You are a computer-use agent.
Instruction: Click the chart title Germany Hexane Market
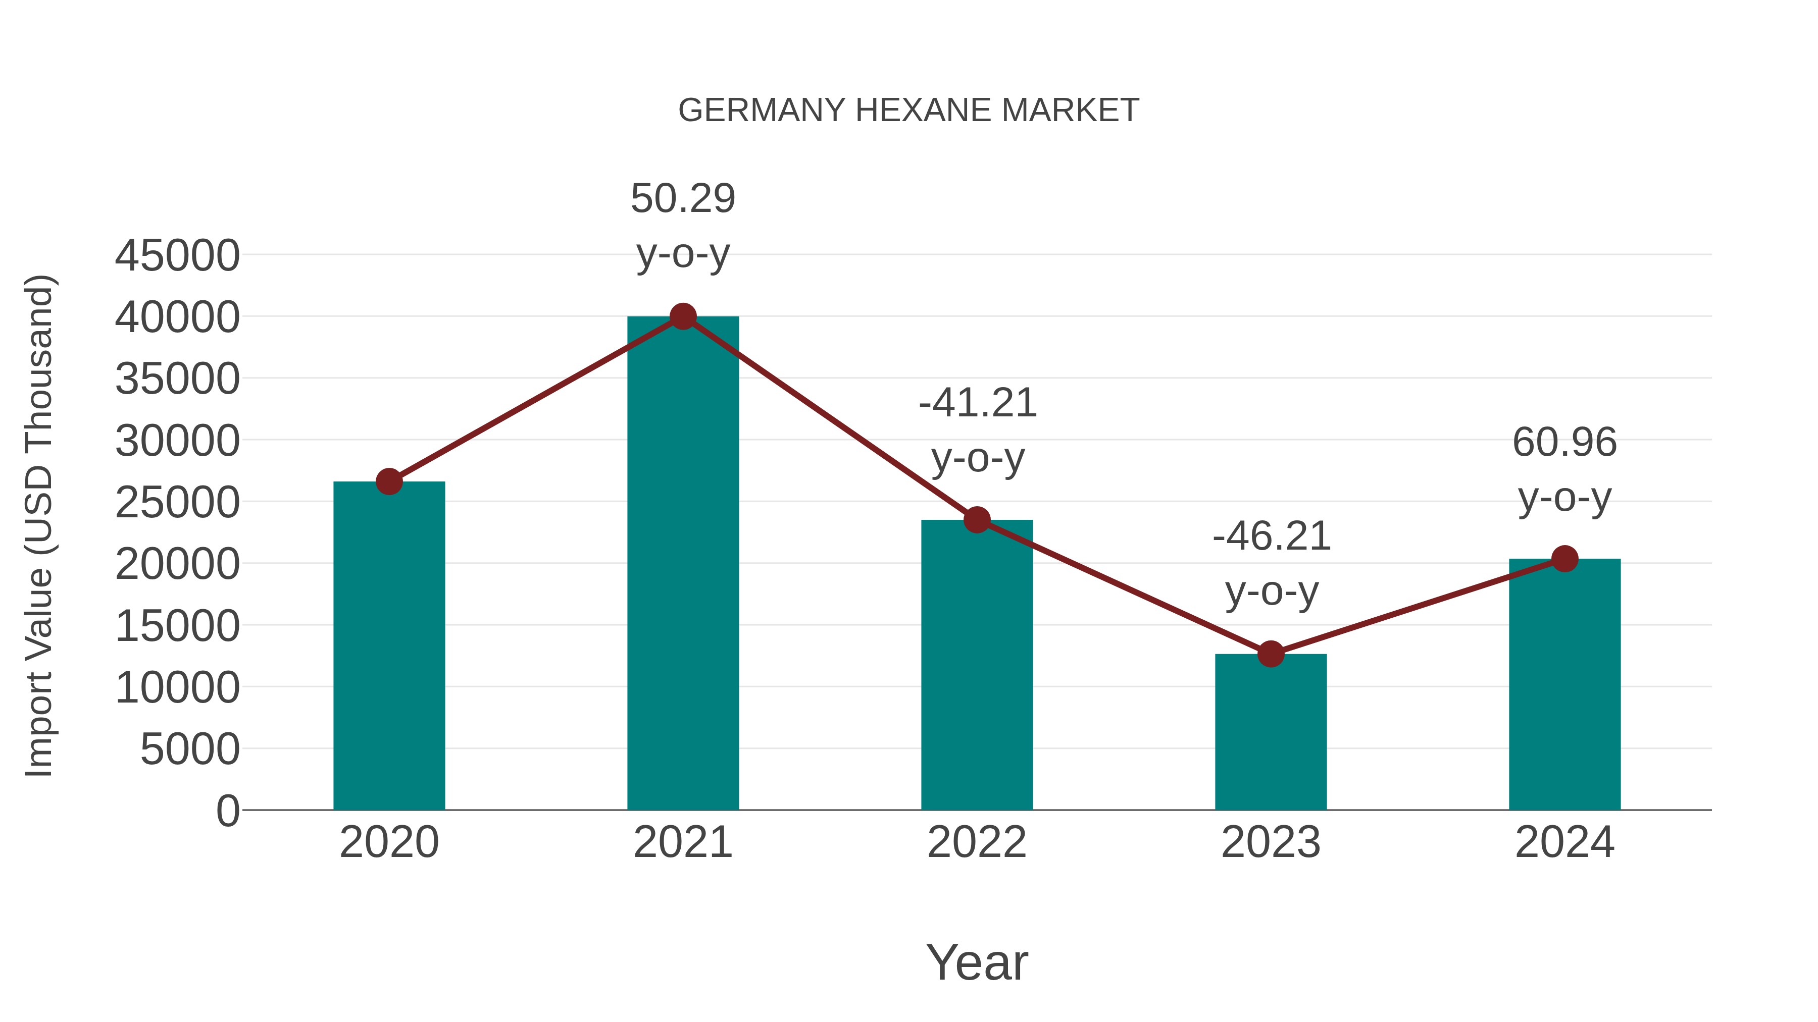point(908,111)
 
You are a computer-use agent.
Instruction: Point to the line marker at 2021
point(682,316)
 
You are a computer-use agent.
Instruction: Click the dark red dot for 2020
point(389,482)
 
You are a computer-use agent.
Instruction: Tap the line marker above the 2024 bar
point(1564,559)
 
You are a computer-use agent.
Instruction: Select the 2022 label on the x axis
point(977,842)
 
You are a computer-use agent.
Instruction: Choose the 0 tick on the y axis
point(228,811)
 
